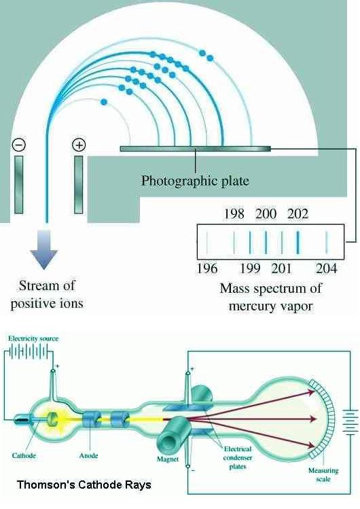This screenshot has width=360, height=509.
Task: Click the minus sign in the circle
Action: pos(19,145)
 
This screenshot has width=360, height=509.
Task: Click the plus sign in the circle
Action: pos(79,145)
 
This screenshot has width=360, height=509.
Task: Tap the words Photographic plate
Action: pos(195,181)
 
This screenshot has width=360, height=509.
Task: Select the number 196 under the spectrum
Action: pos(207,269)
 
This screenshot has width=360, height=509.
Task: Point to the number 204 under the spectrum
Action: pos(326,269)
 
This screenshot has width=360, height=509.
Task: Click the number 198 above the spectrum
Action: pos(234,214)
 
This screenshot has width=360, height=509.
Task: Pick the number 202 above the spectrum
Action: pos(298,214)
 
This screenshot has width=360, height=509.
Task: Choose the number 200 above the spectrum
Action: pos(266,214)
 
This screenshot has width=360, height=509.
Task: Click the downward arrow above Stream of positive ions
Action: pos(43,249)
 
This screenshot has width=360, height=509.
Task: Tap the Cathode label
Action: pos(24,455)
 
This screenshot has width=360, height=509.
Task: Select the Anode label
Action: pos(88,455)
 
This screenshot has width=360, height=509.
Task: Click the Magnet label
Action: pos(168,459)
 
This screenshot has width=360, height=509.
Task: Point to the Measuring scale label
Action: pos(323,474)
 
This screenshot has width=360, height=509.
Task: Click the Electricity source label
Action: pos(33,338)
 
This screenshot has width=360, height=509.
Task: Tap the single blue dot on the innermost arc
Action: pos(104,102)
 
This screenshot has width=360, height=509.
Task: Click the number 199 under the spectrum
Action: pos(250,269)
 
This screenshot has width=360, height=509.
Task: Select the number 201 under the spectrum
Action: pos(281,269)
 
